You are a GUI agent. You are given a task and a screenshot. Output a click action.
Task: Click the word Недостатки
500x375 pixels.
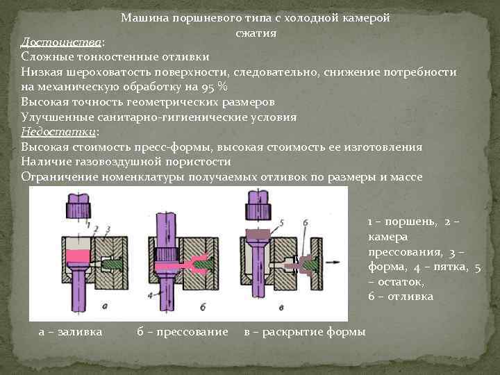pyautogui.click(x=58, y=133)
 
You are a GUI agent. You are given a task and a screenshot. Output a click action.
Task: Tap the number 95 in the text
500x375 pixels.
pyautogui.click(x=205, y=87)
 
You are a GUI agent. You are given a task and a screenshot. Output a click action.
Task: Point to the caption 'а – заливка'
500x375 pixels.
pyautogui.click(x=70, y=332)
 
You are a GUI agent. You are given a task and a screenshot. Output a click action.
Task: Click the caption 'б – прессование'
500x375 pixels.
pyautogui.click(x=183, y=332)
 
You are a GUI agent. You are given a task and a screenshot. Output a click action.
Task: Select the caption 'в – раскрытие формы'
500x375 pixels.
pyautogui.click(x=305, y=332)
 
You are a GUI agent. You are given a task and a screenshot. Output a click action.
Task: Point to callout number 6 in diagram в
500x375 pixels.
pyautogui.click(x=306, y=222)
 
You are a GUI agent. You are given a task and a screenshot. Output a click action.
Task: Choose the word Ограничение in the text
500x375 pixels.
pyautogui.click(x=59, y=177)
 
